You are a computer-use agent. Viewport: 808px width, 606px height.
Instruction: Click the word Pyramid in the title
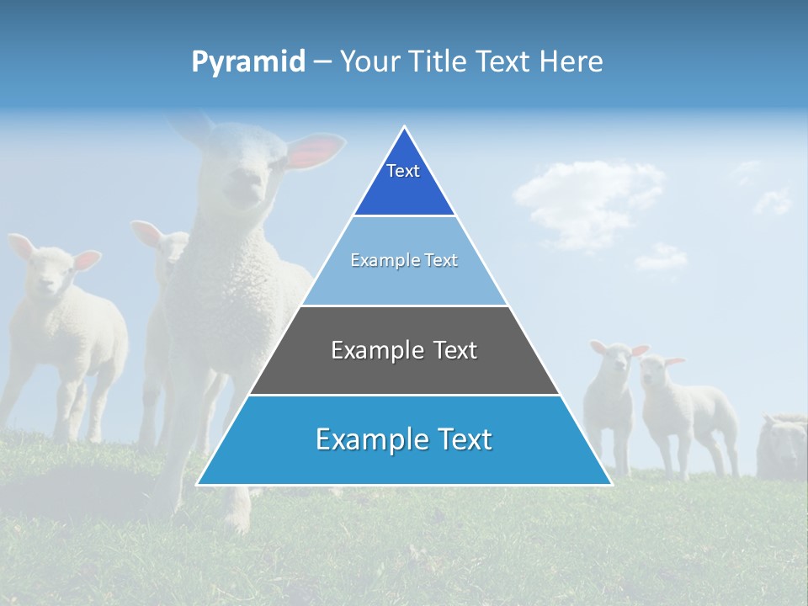[247, 62]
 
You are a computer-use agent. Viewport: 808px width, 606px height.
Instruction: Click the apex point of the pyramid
[404, 127]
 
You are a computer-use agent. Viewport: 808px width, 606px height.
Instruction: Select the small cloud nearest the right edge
[773, 200]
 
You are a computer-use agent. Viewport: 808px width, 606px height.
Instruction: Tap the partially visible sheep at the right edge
[783, 446]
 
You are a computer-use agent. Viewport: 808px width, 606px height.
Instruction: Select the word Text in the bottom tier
[462, 440]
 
